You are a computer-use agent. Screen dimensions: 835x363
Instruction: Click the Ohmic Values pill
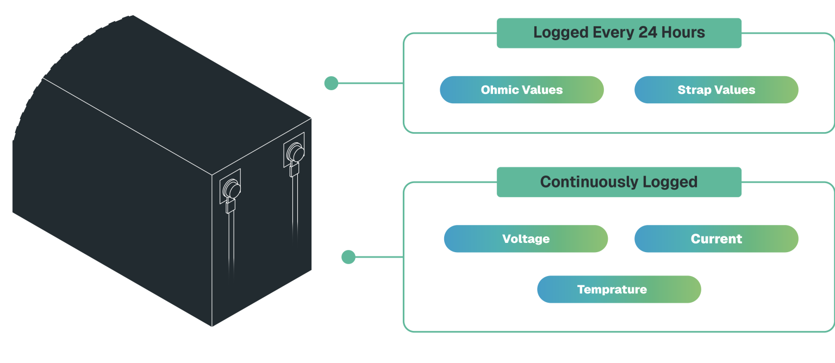pos(521,90)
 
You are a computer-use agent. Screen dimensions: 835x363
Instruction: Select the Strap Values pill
pos(716,90)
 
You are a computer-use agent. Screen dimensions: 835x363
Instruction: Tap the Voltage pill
pos(526,239)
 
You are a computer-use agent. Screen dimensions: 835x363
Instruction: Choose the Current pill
pos(716,239)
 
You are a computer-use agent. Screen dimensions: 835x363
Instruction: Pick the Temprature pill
pos(619,289)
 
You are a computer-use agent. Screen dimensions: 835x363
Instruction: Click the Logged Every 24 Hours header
pos(619,33)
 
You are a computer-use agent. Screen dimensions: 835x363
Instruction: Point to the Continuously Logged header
pos(619,182)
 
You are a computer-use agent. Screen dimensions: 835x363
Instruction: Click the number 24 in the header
pos(648,33)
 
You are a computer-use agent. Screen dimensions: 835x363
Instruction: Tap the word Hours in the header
pos(683,33)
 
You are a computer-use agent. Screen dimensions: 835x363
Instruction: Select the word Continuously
pos(589,182)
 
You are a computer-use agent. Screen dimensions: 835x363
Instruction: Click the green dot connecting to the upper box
pos(331,83)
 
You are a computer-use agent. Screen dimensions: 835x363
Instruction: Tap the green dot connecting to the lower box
pos(348,257)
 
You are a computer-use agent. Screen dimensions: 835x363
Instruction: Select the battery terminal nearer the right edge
pos(295,153)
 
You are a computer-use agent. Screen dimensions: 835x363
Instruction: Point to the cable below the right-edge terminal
pos(295,209)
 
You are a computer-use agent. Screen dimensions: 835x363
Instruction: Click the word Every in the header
pos(614,33)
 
